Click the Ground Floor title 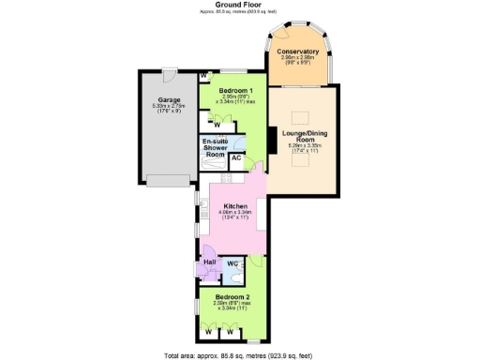(239, 5)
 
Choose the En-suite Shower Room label (217, 147)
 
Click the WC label (232, 264)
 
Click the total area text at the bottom (239, 354)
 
